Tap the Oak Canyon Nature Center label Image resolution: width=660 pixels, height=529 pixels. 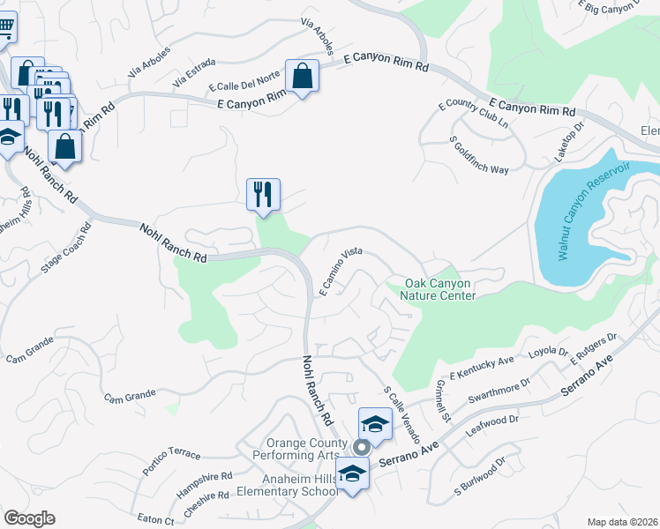pos(440,289)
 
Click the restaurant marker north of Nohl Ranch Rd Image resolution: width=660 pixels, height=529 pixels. pos(263,195)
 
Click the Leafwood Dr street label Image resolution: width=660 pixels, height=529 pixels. pos(493,428)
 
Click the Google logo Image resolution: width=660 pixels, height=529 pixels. pos(29,518)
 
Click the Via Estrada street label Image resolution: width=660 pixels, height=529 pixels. pos(194,75)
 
